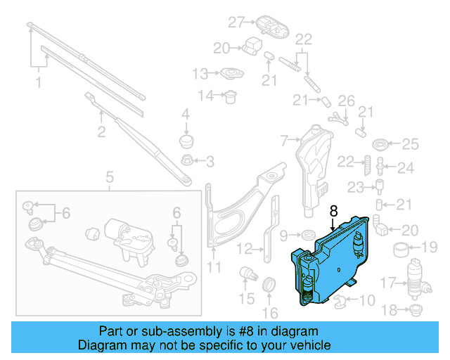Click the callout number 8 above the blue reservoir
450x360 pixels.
[334, 210]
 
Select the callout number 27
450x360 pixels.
[235, 22]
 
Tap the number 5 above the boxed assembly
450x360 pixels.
[110, 176]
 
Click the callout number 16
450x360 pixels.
[269, 312]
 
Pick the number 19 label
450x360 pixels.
[428, 247]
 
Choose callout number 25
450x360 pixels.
[410, 145]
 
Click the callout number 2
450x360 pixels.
[102, 131]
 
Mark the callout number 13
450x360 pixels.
[200, 73]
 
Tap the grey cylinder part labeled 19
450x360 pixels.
[402, 247]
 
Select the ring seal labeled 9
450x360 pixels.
[307, 234]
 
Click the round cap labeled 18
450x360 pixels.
[415, 309]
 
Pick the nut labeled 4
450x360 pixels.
[186, 141]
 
